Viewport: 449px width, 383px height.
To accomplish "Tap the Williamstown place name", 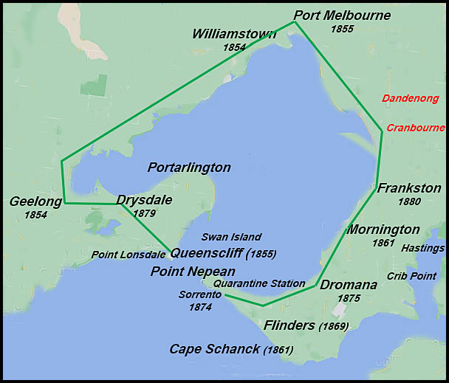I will pos(234,34).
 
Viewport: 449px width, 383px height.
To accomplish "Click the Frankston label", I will pos(409,188).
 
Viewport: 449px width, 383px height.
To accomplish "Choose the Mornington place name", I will pos(383,230).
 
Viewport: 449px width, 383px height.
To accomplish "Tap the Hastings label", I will pos(423,249).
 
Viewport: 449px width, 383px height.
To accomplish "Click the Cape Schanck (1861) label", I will pos(231,349).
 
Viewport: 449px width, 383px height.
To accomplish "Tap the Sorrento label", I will pos(199,294).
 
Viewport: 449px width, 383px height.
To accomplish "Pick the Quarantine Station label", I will pos(258,283).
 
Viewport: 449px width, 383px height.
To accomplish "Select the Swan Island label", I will pos(231,237).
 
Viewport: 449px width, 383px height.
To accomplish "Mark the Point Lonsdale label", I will pos(130,255).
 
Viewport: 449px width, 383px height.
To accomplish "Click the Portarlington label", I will pos(189,168).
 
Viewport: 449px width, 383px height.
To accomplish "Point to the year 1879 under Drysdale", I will pos(144,213).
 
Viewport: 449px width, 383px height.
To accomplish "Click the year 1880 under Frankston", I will pos(409,201).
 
